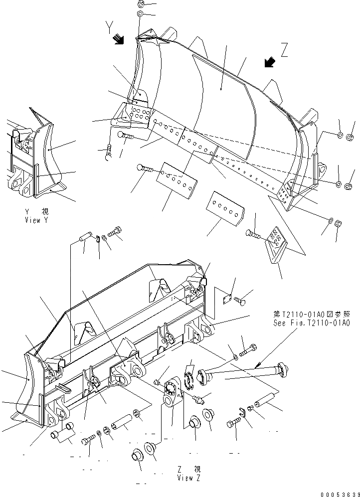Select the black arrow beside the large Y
click(118, 39)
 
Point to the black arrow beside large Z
click(270, 61)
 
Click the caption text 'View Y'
click(37, 220)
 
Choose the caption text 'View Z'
click(189, 478)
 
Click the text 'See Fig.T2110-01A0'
click(312, 323)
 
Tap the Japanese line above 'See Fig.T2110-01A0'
click(312, 315)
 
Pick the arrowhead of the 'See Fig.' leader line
click(257, 366)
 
